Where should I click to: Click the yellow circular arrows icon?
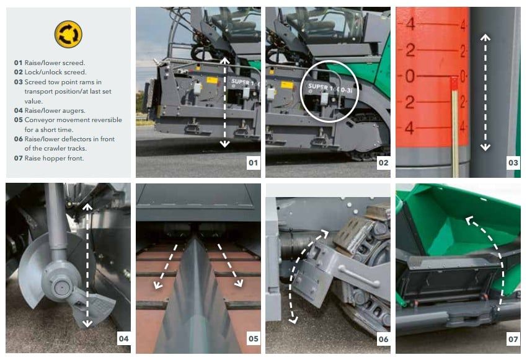(68, 34)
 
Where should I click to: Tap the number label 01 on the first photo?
(253, 163)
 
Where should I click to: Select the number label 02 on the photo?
(383, 163)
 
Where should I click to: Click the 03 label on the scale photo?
(513, 163)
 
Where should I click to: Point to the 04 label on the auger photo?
(123, 339)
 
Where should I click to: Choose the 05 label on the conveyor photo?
(254, 339)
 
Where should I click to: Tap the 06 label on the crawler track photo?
(384, 339)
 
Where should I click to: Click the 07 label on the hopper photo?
(513, 339)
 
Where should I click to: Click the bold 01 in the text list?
(18, 63)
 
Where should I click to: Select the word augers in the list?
(74, 111)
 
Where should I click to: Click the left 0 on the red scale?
(410, 76)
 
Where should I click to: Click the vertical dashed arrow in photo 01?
(224, 103)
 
